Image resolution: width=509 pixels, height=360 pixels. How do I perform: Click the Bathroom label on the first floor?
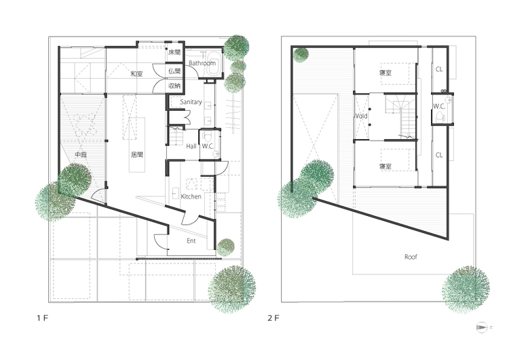click(x=202, y=63)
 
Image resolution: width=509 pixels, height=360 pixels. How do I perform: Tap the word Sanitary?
click(x=191, y=102)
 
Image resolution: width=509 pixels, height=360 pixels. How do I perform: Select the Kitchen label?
click(x=191, y=196)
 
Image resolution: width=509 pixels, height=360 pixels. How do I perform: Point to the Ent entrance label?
click(x=191, y=240)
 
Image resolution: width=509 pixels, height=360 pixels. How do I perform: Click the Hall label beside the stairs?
click(x=191, y=147)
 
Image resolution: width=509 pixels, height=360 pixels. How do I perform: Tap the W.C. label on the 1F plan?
click(x=208, y=147)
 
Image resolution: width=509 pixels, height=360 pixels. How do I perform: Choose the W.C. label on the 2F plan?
click(x=439, y=106)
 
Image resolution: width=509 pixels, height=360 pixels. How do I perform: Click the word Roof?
click(x=411, y=257)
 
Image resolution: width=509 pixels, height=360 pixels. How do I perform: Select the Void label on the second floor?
click(x=361, y=116)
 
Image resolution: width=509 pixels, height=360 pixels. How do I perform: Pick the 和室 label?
click(x=136, y=74)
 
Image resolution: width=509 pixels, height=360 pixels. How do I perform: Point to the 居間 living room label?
click(x=136, y=155)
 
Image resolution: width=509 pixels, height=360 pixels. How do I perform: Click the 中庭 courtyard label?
click(x=81, y=155)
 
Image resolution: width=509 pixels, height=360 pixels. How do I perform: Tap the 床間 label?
click(x=174, y=52)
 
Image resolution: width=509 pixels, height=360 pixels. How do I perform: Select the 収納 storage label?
click(x=174, y=86)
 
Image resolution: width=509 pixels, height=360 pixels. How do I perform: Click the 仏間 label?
click(x=174, y=71)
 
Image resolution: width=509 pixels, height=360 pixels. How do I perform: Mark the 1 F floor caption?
click(x=42, y=318)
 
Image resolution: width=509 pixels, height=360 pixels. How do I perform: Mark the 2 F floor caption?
click(x=274, y=318)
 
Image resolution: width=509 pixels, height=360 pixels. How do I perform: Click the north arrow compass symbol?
click(x=483, y=327)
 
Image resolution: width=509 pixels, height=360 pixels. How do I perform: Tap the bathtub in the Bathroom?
click(x=212, y=63)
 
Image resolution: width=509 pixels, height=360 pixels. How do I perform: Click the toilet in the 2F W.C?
click(x=440, y=116)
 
